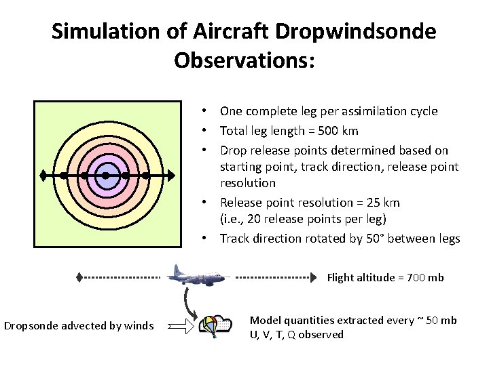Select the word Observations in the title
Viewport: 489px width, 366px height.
coord(243,60)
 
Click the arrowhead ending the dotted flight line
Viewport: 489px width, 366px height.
coord(313,277)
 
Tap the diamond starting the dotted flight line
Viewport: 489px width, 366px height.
coord(79,277)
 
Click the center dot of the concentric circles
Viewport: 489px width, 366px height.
coord(105,176)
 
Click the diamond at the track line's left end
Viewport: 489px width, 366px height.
coord(43,176)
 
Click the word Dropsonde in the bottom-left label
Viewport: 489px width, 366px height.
coord(31,327)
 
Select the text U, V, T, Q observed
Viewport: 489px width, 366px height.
coord(297,335)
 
